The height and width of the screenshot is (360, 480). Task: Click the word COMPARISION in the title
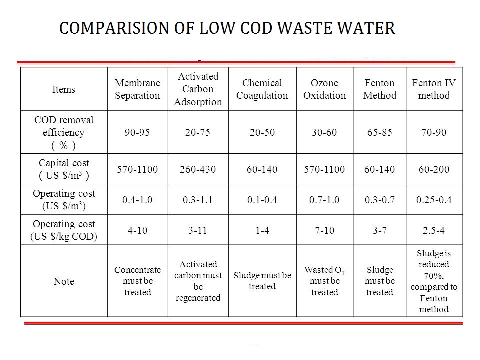115,28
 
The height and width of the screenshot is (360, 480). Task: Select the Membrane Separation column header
138,89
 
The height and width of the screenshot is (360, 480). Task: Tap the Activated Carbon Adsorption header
198,89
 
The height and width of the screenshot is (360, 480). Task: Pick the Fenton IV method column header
434,89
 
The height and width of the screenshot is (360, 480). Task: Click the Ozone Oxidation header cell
325,89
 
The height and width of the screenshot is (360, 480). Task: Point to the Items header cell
63,89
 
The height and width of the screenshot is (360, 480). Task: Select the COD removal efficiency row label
63,132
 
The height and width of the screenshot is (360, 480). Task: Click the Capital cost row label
64,169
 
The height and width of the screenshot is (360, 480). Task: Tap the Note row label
64,281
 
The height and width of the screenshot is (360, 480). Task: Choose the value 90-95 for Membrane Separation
137,132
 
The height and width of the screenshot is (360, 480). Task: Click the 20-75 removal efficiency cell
198,132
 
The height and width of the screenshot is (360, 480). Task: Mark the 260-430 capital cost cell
198,169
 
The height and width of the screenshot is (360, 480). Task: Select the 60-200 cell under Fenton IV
434,169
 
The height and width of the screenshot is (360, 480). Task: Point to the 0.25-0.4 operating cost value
434,200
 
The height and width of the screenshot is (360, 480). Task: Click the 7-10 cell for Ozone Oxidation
325,230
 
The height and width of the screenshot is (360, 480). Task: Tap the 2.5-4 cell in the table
434,230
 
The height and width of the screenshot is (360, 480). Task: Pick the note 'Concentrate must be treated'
138,281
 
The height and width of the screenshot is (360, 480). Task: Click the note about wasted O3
325,281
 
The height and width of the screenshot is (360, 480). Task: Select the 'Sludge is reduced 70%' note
434,281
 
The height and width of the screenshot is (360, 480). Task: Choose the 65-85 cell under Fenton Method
380,132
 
